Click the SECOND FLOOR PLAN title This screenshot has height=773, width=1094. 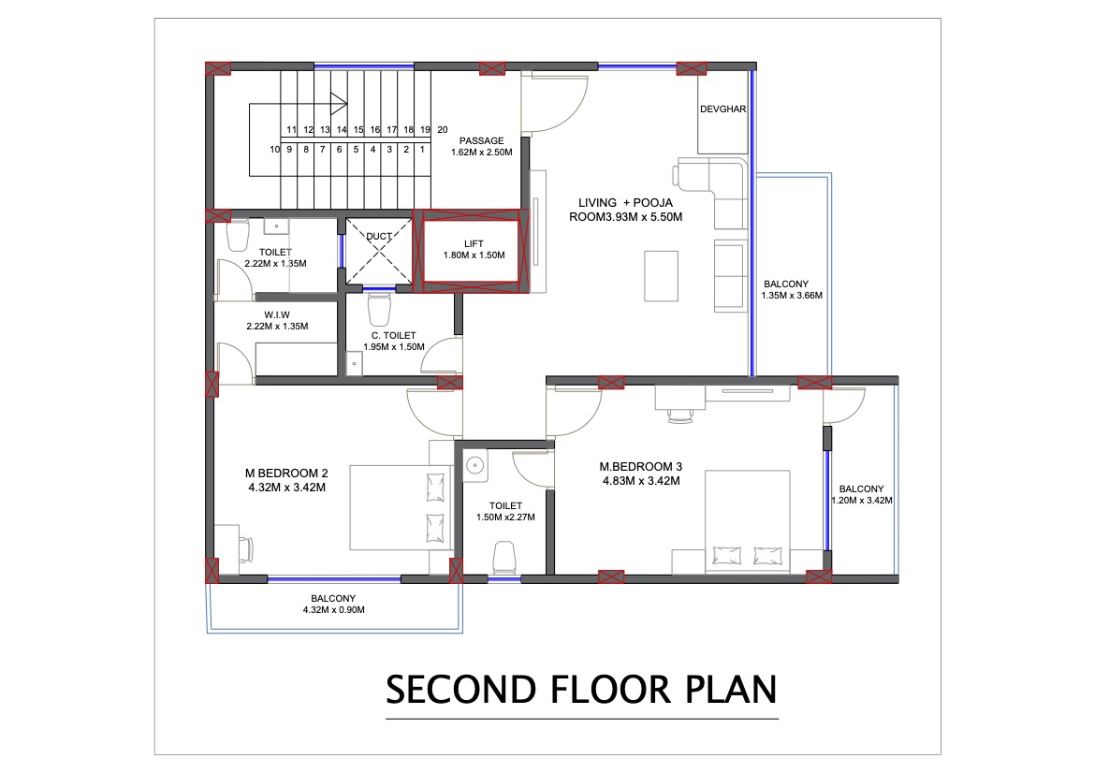[581, 689]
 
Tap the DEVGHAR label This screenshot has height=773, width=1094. [722, 109]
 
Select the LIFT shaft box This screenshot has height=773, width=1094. [472, 249]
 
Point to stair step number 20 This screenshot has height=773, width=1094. [443, 130]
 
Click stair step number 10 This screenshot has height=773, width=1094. [275, 149]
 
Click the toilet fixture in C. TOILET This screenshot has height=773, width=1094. [379, 308]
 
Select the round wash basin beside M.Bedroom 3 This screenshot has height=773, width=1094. [474, 464]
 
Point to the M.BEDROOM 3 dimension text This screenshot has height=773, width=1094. [640, 481]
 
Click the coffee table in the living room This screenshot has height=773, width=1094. [661, 275]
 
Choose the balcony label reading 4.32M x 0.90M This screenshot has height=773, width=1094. [333, 609]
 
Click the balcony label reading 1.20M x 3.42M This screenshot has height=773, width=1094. [861, 501]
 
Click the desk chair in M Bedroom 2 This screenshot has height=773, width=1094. [247, 548]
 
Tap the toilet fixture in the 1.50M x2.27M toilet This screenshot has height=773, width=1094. [503, 556]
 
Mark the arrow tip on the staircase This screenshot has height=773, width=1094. [348, 104]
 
